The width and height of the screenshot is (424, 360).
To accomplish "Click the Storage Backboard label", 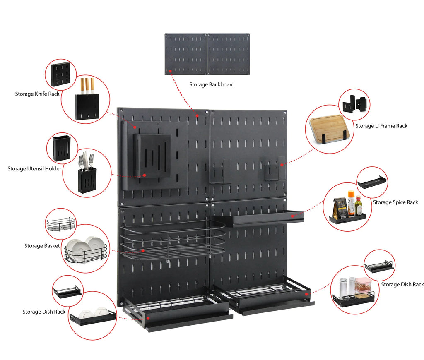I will [x=212, y=84].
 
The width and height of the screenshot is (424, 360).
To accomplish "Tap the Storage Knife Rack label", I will [x=37, y=94].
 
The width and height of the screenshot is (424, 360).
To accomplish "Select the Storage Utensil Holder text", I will [x=34, y=169].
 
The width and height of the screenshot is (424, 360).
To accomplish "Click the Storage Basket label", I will [x=42, y=246].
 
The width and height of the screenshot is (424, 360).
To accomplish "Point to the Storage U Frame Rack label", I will [x=381, y=126].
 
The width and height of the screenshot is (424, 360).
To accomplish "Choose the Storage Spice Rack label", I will [x=395, y=202].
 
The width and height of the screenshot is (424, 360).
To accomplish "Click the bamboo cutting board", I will [x=327, y=127].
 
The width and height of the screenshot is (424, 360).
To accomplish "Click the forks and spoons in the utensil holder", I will [x=86, y=161].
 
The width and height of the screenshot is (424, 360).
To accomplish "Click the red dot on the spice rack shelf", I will [x=292, y=216].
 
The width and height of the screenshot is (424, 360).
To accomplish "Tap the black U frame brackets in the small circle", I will [x=354, y=104].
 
